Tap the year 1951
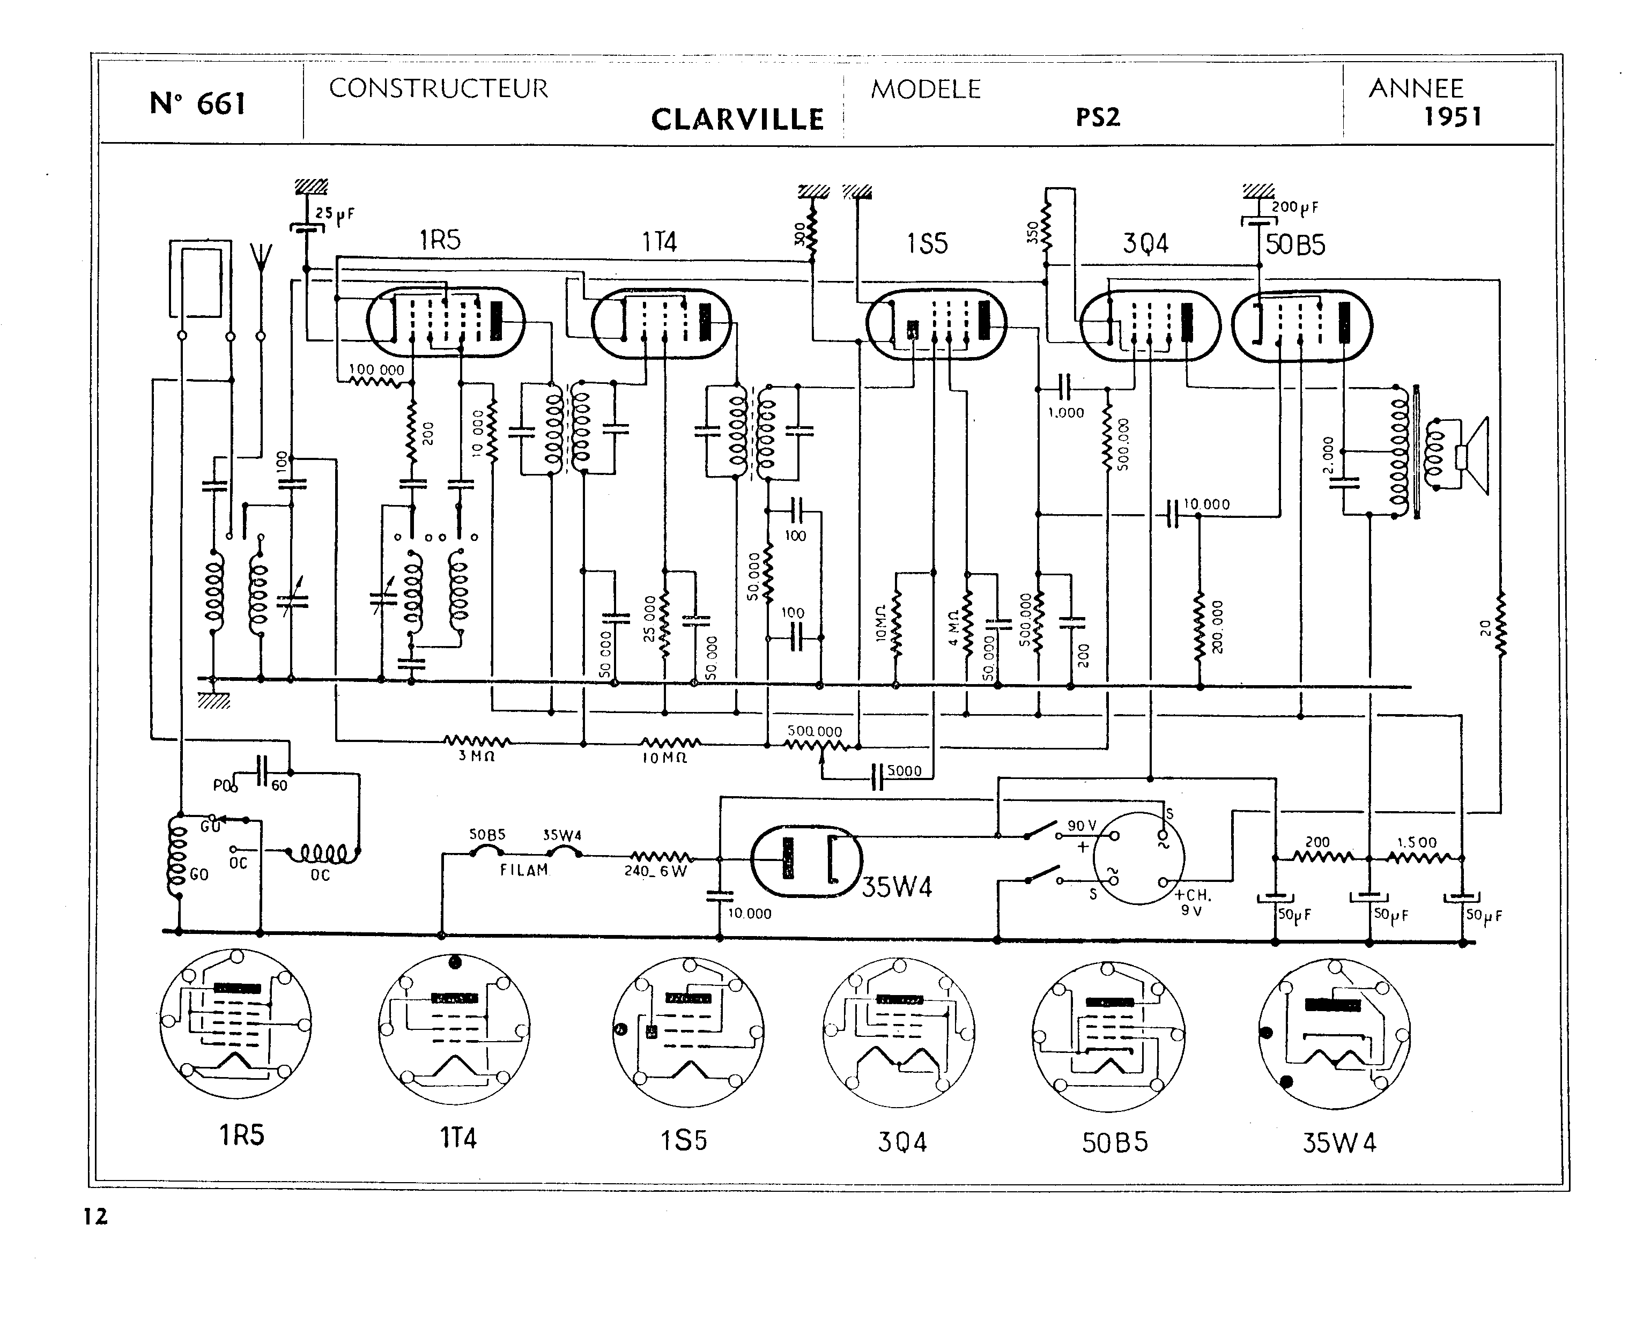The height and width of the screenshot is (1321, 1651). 1453,117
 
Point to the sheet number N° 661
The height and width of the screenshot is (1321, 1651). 197,103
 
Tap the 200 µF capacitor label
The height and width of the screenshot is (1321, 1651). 1295,207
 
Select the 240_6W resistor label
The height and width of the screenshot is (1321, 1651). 655,871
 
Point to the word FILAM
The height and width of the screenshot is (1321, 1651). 524,870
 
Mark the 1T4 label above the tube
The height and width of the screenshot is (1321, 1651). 660,243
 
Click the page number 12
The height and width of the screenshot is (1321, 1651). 96,1217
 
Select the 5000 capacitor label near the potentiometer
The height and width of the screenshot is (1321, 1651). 905,771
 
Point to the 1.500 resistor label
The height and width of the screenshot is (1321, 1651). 1417,842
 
